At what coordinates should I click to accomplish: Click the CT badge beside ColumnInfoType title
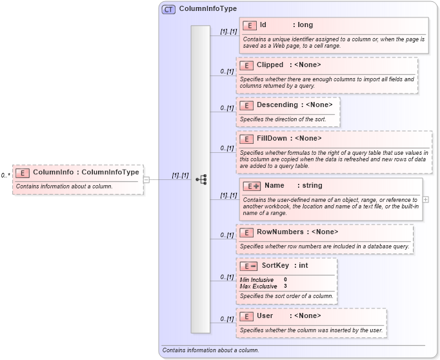click(168, 9)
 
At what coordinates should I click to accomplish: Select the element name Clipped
click(270, 65)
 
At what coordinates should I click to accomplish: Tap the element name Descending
click(277, 105)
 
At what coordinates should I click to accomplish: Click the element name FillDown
click(272, 138)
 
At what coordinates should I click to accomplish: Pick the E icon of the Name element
click(252, 186)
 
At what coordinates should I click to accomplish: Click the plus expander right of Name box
click(426, 199)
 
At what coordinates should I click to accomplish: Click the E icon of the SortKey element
click(248, 266)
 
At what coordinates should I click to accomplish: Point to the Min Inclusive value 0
click(285, 280)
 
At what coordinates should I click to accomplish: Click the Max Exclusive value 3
click(285, 286)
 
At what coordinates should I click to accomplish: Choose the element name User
click(265, 316)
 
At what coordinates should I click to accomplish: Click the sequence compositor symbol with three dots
click(201, 179)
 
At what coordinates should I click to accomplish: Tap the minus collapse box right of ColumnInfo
click(146, 179)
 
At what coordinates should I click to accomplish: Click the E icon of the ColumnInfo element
click(23, 173)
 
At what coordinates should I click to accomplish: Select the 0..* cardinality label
click(5, 175)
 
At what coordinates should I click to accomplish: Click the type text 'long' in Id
click(305, 25)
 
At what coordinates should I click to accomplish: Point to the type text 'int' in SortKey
click(303, 266)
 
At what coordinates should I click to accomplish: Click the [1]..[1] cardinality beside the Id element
click(228, 32)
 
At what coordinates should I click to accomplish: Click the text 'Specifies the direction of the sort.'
click(283, 119)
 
